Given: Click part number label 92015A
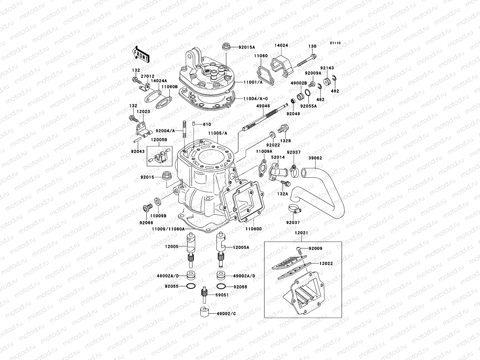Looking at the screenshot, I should point(247,47).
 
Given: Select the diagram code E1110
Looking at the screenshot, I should point(335,43).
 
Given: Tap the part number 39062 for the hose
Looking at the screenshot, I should point(315,158).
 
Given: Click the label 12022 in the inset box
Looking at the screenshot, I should point(326,263).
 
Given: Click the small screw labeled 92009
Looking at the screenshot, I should point(298,249).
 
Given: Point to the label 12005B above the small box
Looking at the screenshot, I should point(159,140).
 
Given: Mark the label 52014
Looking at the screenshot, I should point(278,157).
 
